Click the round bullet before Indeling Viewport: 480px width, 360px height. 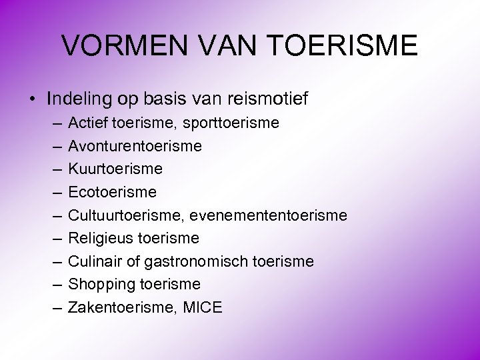click(33, 100)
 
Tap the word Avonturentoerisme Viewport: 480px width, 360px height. click(135, 146)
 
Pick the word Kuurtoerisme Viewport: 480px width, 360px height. click(115, 169)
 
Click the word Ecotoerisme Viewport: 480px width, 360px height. click(113, 192)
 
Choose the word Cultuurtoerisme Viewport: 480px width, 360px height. click(127, 215)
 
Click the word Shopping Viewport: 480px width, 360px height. click(100, 285)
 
